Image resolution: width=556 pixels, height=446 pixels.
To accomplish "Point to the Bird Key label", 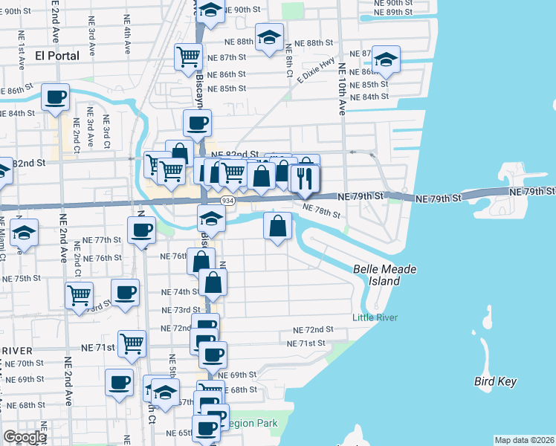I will click(x=495, y=381).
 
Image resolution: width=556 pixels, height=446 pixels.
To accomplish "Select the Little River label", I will click(x=375, y=318).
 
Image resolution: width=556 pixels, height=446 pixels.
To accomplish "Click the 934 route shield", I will click(x=228, y=201).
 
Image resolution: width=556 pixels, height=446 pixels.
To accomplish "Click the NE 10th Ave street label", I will click(x=343, y=88).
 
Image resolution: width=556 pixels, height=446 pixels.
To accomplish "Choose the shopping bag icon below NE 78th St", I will click(x=277, y=226).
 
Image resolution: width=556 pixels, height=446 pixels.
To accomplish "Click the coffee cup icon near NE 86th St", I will click(x=55, y=97).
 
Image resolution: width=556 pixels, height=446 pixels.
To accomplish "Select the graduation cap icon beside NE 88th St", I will click(x=268, y=36).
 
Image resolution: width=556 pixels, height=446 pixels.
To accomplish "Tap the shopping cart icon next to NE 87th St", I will click(x=189, y=56).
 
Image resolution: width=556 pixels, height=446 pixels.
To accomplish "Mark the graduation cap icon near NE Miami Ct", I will click(x=24, y=233).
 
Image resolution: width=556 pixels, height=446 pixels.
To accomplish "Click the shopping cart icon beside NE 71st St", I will click(x=132, y=343).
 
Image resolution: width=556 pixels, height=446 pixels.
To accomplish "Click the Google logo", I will click(x=25, y=437).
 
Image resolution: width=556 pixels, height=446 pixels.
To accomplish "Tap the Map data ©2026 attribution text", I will click(x=524, y=440).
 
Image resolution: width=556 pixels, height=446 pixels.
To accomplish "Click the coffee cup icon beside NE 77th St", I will click(x=140, y=230).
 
